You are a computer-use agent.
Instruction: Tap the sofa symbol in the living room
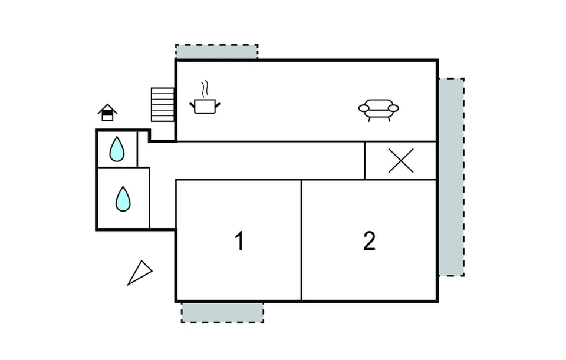click(378, 108)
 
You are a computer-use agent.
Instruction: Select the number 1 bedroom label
click(239, 241)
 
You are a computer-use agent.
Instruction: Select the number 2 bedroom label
click(369, 241)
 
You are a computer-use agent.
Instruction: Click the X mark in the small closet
click(401, 160)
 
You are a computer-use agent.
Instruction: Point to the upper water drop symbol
click(117, 150)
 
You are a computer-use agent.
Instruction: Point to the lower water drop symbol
click(123, 199)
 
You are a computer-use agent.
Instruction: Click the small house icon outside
click(107, 113)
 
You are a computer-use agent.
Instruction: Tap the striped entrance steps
click(163, 105)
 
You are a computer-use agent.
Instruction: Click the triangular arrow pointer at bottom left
click(139, 273)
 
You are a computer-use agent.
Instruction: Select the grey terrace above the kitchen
click(216, 52)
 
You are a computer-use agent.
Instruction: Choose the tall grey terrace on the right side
click(450, 177)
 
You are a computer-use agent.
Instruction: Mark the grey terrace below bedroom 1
click(222, 312)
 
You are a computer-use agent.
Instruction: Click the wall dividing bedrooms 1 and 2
click(301, 240)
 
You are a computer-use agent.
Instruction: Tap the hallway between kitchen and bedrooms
click(259, 160)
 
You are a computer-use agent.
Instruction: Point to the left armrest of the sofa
click(363, 108)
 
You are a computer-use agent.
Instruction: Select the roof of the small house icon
click(107, 108)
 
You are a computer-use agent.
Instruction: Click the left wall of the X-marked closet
click(365, 160)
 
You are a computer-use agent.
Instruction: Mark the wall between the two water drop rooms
click(123, 167)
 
